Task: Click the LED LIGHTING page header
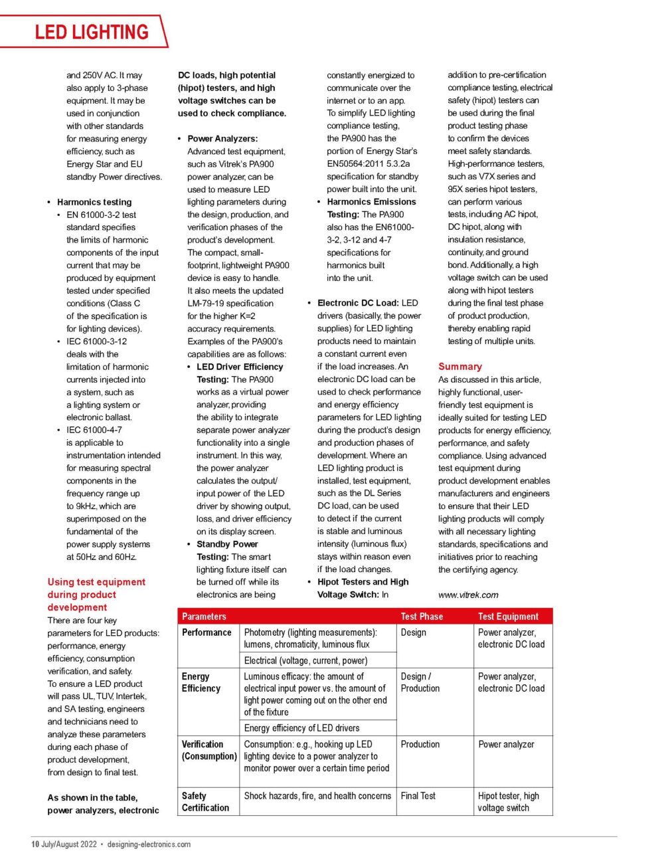(92, 32)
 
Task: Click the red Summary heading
(459, 366)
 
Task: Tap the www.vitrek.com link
(468, 595)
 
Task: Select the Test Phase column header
(422, 617)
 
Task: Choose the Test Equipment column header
(508, 617)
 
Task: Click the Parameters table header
(204, 617)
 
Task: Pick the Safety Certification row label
(205, 802)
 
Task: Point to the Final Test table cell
(418, 796)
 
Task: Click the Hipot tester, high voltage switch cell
(509, 802)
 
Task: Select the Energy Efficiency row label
(201, 682)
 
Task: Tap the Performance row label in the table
(207, 632)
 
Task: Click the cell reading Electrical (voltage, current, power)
(305, 660)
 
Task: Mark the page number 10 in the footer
(35, 844)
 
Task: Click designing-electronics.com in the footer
(149, 844)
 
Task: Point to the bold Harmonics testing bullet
(94, 202)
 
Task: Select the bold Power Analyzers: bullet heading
(222, 139)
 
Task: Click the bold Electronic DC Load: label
(359, 303)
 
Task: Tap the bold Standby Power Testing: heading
(227, 550)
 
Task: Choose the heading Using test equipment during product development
(96, 595)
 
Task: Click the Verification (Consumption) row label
(208, 750)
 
